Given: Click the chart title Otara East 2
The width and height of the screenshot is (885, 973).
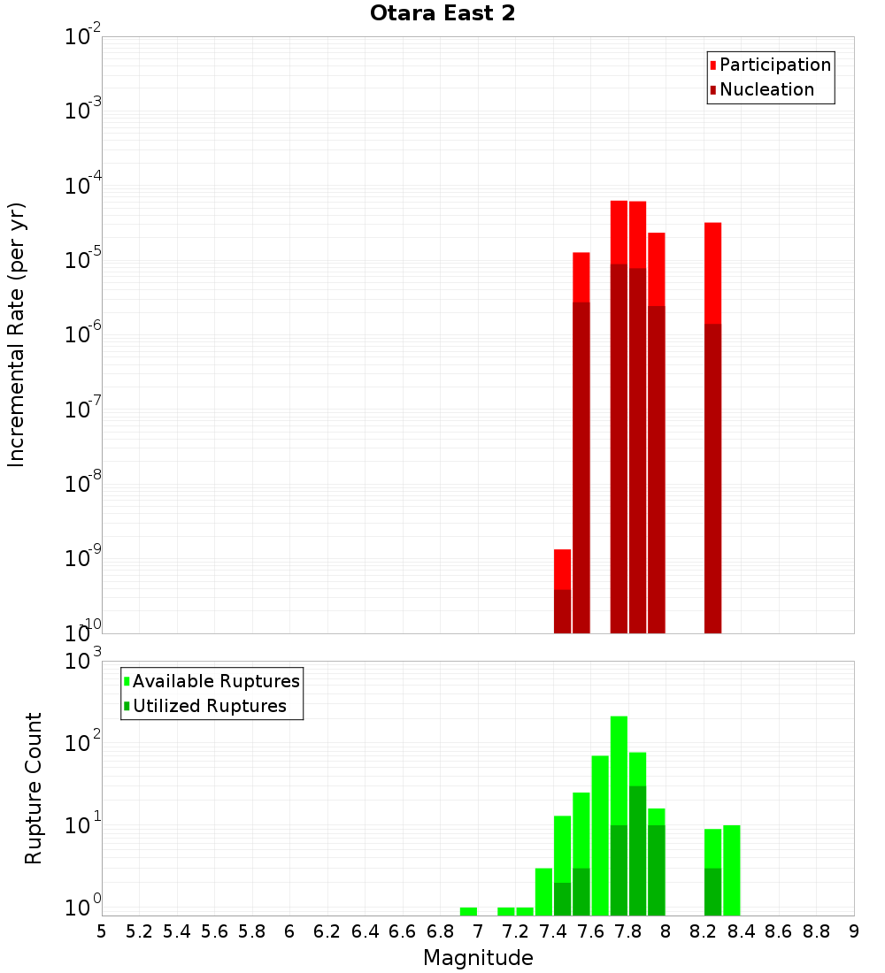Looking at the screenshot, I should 442,14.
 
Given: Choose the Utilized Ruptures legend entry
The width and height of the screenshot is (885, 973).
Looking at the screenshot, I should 209,707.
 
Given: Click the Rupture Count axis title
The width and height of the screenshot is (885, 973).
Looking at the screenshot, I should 34,788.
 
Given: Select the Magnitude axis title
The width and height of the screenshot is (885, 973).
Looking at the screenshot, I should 478,958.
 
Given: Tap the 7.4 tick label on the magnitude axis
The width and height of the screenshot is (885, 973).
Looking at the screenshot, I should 553,931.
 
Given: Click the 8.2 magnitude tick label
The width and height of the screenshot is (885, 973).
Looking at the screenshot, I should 704,931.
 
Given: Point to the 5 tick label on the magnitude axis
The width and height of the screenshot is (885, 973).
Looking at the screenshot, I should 102,931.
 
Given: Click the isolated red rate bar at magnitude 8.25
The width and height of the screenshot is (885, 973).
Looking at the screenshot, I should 712,425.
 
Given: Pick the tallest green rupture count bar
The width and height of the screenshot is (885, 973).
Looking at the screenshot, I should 619,814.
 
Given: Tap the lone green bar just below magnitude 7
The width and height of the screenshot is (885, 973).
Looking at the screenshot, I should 468,911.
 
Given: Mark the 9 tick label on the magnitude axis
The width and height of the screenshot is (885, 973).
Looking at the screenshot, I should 854,931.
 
